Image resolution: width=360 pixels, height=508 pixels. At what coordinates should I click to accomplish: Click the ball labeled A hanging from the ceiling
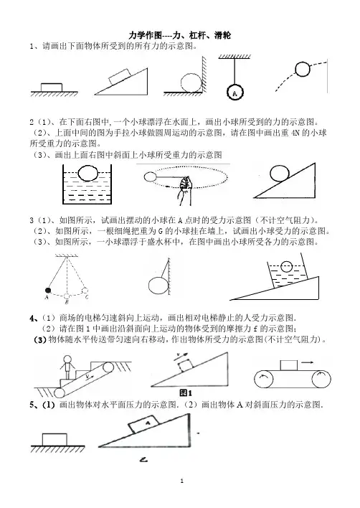235,93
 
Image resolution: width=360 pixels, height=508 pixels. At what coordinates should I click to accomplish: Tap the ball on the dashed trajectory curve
303,69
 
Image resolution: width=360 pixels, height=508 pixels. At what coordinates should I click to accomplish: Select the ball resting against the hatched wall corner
191,83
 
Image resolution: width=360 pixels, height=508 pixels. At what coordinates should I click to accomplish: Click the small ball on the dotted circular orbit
150,177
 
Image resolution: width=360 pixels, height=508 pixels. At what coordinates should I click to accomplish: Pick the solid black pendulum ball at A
48,290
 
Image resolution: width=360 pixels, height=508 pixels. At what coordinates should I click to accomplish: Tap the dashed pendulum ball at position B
67,296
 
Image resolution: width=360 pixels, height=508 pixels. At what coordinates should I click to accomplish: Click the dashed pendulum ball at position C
85,291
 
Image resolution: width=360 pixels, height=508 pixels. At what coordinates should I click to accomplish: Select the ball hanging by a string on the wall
158,286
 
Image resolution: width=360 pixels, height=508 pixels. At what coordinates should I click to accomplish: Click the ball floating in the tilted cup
286,267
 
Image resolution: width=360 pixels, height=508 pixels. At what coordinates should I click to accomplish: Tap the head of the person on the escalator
67,359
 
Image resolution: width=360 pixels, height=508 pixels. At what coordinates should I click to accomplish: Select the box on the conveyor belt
289,365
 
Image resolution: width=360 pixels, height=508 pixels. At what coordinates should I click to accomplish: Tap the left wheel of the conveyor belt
264,379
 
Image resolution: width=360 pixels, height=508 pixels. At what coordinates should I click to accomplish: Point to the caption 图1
186,393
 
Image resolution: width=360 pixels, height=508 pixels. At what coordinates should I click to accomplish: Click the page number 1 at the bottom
181,481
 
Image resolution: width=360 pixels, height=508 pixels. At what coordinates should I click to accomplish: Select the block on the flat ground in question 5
55,440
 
